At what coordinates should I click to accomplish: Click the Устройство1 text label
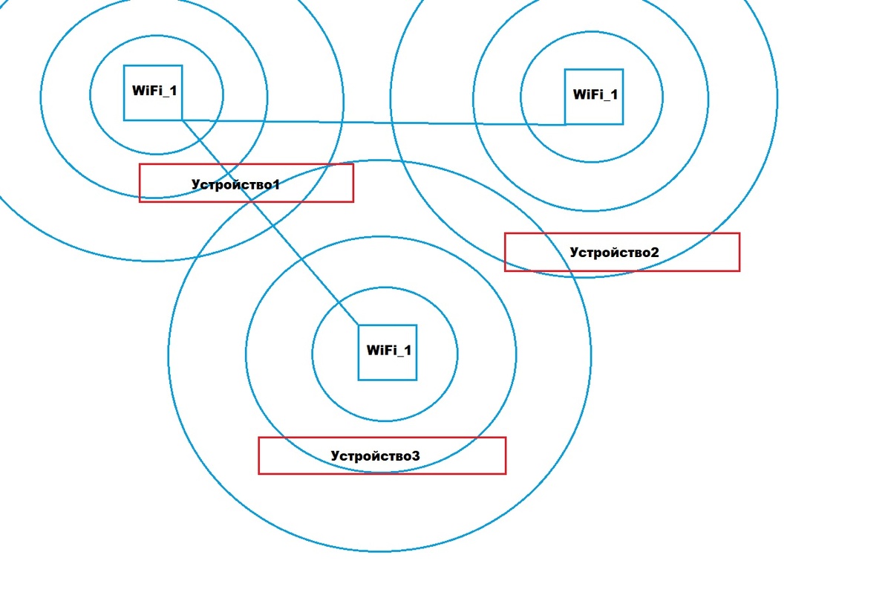235,184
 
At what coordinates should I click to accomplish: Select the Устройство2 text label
614,252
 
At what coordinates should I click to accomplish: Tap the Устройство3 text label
375,455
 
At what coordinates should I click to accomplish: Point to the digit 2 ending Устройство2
654,252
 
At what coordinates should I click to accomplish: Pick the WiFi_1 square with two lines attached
153,92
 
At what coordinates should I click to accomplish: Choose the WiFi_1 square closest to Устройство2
594,97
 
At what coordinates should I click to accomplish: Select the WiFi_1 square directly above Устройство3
388,352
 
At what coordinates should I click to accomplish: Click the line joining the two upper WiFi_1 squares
371,122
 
